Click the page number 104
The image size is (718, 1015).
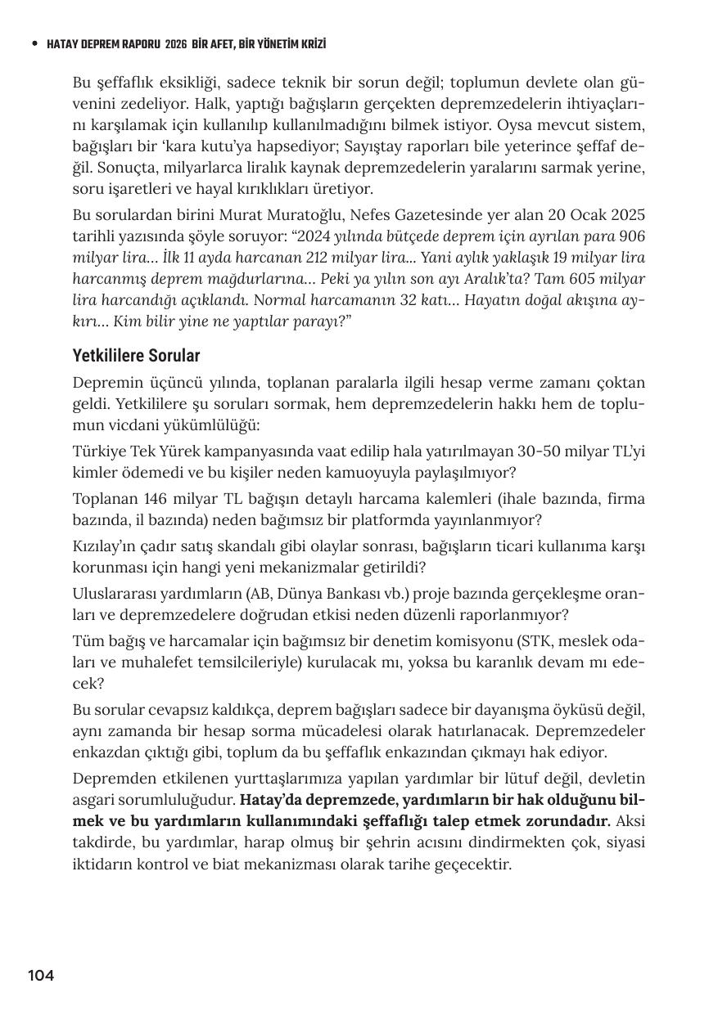pyautogui.click(x=41, y=975)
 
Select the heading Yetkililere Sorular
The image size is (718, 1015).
pyautogui.click(x=136, y=356)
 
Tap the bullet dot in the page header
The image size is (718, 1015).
pyautogui.click(x=34, y=44)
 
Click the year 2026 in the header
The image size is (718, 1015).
pyautogui.click(x=176, y=44)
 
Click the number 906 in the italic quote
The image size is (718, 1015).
pyautogui.click(x=632, y=236)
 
